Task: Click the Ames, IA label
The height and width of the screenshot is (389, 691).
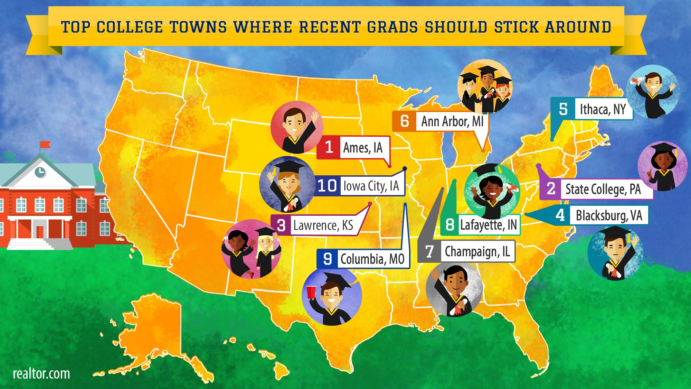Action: pyautogui.click(x=363, y=148)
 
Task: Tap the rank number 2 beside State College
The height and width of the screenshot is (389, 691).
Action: pyautogui.click(x=551, y=189)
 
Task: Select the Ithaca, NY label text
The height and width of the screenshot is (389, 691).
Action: pyautogui.click(x=603, y=109)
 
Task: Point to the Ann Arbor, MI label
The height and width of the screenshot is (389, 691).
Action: pyautogui.click(x=452, y=121)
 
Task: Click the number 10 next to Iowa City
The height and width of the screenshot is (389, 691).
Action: pyautogui.click(x=327, y=186)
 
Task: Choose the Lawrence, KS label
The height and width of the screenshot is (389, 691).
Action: pyautogui.click(x=323, y=225)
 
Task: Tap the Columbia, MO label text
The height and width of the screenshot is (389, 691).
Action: pyautogui.click(x=372, y=259)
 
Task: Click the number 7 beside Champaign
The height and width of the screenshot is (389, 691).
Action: pyautogui.click(x=429, y=251)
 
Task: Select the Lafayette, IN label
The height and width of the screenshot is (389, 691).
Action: pyautogui.click(x=488, y=225)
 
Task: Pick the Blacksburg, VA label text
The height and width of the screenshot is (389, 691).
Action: pyautogui.click(x=609, y=215)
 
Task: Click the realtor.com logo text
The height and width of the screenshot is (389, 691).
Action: pyautogui.click(x=41, y=374)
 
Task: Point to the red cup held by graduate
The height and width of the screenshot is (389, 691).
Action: pyautogui.click(x=311, y=291)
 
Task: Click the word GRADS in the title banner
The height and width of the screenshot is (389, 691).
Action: pyautogui.click(x=392, y=27)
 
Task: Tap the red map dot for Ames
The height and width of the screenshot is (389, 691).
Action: pyautogui.click(x=390, y=166)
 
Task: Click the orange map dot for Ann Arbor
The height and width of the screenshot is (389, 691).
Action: pyautogui.click(x=483, y=150)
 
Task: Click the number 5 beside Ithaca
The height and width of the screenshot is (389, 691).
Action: pyautogui.click(x=563, y=109)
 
